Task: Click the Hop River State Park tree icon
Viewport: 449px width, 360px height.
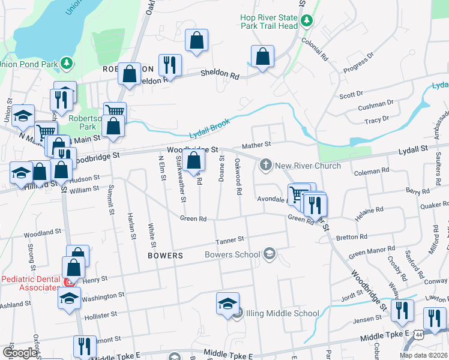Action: pos(307,21)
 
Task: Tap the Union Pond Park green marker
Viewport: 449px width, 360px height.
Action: pos(67,63)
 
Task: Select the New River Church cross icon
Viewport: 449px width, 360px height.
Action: pos(265,165)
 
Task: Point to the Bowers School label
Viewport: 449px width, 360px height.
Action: pos(232,254)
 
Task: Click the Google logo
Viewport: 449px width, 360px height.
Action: pos(19,352)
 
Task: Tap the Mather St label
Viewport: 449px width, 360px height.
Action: pos(256,145)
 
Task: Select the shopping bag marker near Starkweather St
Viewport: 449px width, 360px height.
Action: pos(194,161)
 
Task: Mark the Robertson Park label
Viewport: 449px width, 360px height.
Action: pos(82,123)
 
